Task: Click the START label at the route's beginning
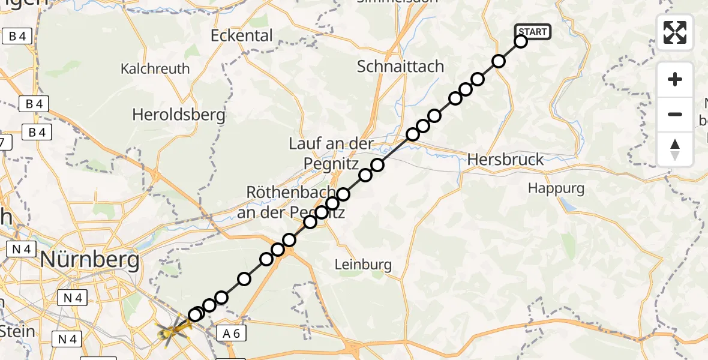(532, 32)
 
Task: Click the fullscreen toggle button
(675, 32)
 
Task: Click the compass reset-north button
(675, 149)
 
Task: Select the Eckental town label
(242, 35)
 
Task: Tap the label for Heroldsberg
(179, 115)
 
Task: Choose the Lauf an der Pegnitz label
(332, 153)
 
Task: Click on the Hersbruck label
(505, 160)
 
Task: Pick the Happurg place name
(556, 188)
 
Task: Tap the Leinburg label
(364, 265)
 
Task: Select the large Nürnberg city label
(90, 261)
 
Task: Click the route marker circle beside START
(520, 41)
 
